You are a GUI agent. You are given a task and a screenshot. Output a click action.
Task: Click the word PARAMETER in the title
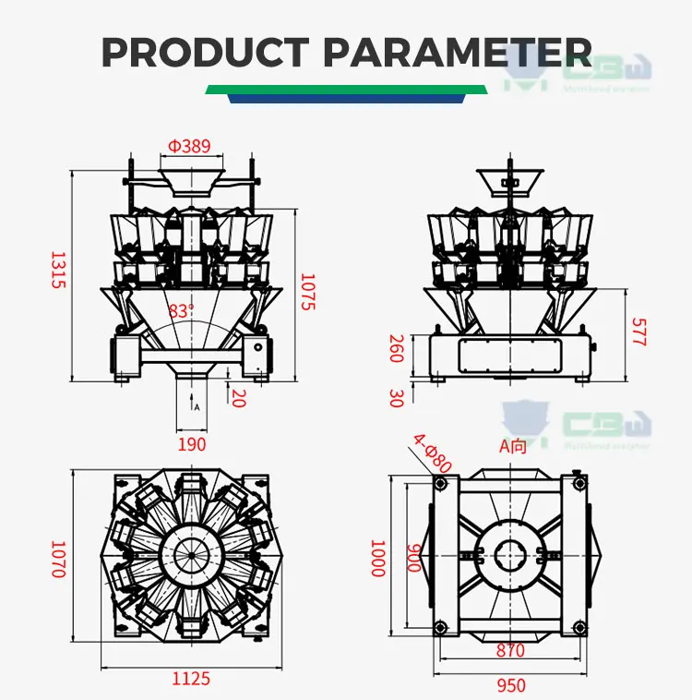tap(458, 52)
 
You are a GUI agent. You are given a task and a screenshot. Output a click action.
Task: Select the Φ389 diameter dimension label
tap(189, 146)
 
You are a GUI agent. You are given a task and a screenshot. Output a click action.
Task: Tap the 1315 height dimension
tap(57, 270)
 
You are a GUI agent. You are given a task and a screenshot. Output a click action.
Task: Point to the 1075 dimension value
tap(308, 291)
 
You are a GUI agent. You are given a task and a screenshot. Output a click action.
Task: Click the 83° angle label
tap(181, 311)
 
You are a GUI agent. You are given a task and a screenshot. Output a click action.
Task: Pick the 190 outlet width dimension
tap(192, 444)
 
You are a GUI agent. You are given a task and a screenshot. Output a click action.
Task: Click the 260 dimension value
tap(397, 349)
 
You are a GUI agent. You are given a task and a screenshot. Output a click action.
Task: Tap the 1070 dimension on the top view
tap(57, 560)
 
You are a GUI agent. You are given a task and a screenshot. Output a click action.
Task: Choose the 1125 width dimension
tap(191, 679)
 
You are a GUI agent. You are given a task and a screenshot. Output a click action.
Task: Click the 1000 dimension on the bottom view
tap(376, 559)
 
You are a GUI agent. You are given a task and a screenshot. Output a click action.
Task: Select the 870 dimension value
tap(510, 651)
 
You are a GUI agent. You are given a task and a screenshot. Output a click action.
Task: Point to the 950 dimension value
tap(511, 685)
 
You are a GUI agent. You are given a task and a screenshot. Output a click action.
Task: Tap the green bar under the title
tap(346, 90)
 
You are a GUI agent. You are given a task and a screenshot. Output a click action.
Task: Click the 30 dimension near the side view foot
tap(397, 398)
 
